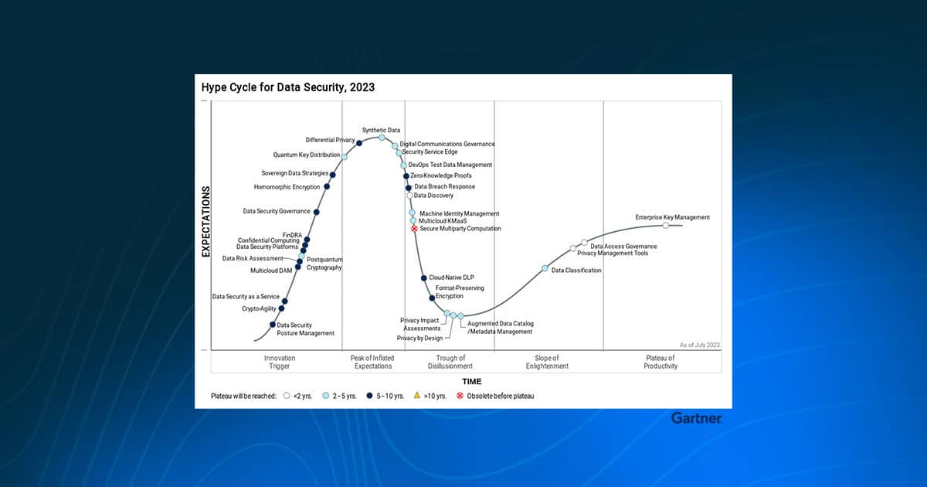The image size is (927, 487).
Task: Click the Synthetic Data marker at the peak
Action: pyautogui.click(x=382, y=138)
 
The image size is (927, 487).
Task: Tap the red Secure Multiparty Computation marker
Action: pyautogui.click(x=414, y=229)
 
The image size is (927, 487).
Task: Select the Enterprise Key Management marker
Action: pyautogui.click(x=665, y=225)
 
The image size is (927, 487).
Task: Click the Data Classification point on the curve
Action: pyautogui.click(x=545, y=268)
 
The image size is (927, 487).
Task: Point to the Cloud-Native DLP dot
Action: pyautogui.click(x=424, y=278)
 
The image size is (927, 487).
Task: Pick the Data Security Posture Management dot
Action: pyautogui.click(x=272, y=325)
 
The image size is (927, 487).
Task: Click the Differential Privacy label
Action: pyautogui.click(x=331, y=140)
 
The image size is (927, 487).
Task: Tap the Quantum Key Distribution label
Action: pyautogui.click(x=307, y=155)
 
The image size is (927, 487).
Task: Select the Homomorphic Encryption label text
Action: pyautogui.click(x=287, y=187)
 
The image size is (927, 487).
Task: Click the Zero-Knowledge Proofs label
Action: pyautogui.click(x=441, y=175)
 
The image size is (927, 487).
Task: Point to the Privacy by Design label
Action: pyautogui.click(x=419, y=339)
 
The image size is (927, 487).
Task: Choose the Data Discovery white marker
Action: pyautogui.click(x=409, y=196)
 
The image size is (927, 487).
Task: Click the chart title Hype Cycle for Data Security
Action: pyautogui.click(x=288, y=87)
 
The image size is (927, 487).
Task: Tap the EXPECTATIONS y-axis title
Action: pyautogui.click(x=205, y=222)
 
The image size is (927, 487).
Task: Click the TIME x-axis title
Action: pyautogui.click(x=472, y=381)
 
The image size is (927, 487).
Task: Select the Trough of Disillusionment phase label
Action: pyautogui.click(x=450, y=362)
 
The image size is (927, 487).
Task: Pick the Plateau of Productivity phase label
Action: pyautogui.click(x=660, y=362)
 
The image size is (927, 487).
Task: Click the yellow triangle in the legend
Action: pyautogui.click(x=417, y=396)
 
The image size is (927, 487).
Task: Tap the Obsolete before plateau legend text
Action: pyautogui.click(x=501, y=396)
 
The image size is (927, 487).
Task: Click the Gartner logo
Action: pyautogui.click(x=697, y=418)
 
